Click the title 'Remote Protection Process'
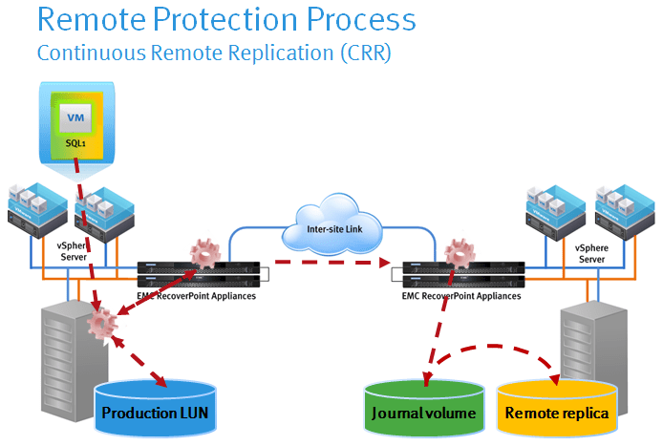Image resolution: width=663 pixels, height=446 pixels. coord(226,19)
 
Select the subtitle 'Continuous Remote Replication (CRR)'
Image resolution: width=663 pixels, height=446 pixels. coord(214,53)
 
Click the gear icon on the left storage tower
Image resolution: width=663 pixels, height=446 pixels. coord(100,326)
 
